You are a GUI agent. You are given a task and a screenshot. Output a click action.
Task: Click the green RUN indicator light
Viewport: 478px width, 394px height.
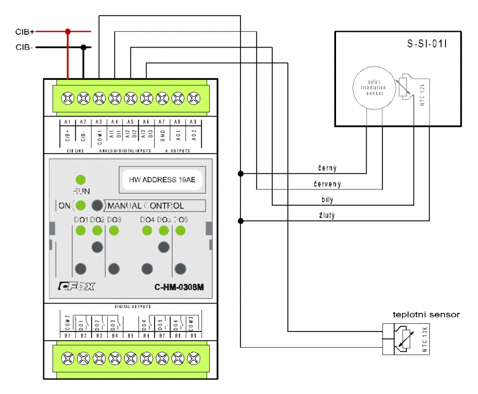point(81,180)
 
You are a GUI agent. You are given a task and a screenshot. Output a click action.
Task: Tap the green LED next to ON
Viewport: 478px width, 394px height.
point(81,205)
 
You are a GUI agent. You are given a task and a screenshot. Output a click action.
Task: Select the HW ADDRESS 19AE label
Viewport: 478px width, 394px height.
point(162,180)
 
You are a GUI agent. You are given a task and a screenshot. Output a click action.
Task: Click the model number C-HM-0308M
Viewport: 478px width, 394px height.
point(179,287)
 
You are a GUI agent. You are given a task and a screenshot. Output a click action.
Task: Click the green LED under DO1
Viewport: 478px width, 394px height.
point(81,231)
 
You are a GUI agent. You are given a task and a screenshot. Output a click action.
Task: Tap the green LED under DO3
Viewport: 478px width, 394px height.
point(114,231)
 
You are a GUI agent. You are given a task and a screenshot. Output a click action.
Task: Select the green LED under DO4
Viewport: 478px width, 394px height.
point(147,231)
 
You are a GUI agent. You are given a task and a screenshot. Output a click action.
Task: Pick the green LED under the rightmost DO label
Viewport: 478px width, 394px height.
point(180,231)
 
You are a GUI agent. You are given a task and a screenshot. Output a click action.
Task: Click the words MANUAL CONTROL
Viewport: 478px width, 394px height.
point(146,206)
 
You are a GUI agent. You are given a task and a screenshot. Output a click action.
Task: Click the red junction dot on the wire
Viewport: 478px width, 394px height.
point(68,31)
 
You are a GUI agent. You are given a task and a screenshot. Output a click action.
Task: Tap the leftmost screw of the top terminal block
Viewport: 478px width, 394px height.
point(67,98)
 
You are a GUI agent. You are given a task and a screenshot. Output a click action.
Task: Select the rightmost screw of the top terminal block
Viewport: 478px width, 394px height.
point(194,98)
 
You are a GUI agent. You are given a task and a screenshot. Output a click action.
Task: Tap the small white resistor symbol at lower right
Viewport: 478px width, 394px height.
point(406,340)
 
